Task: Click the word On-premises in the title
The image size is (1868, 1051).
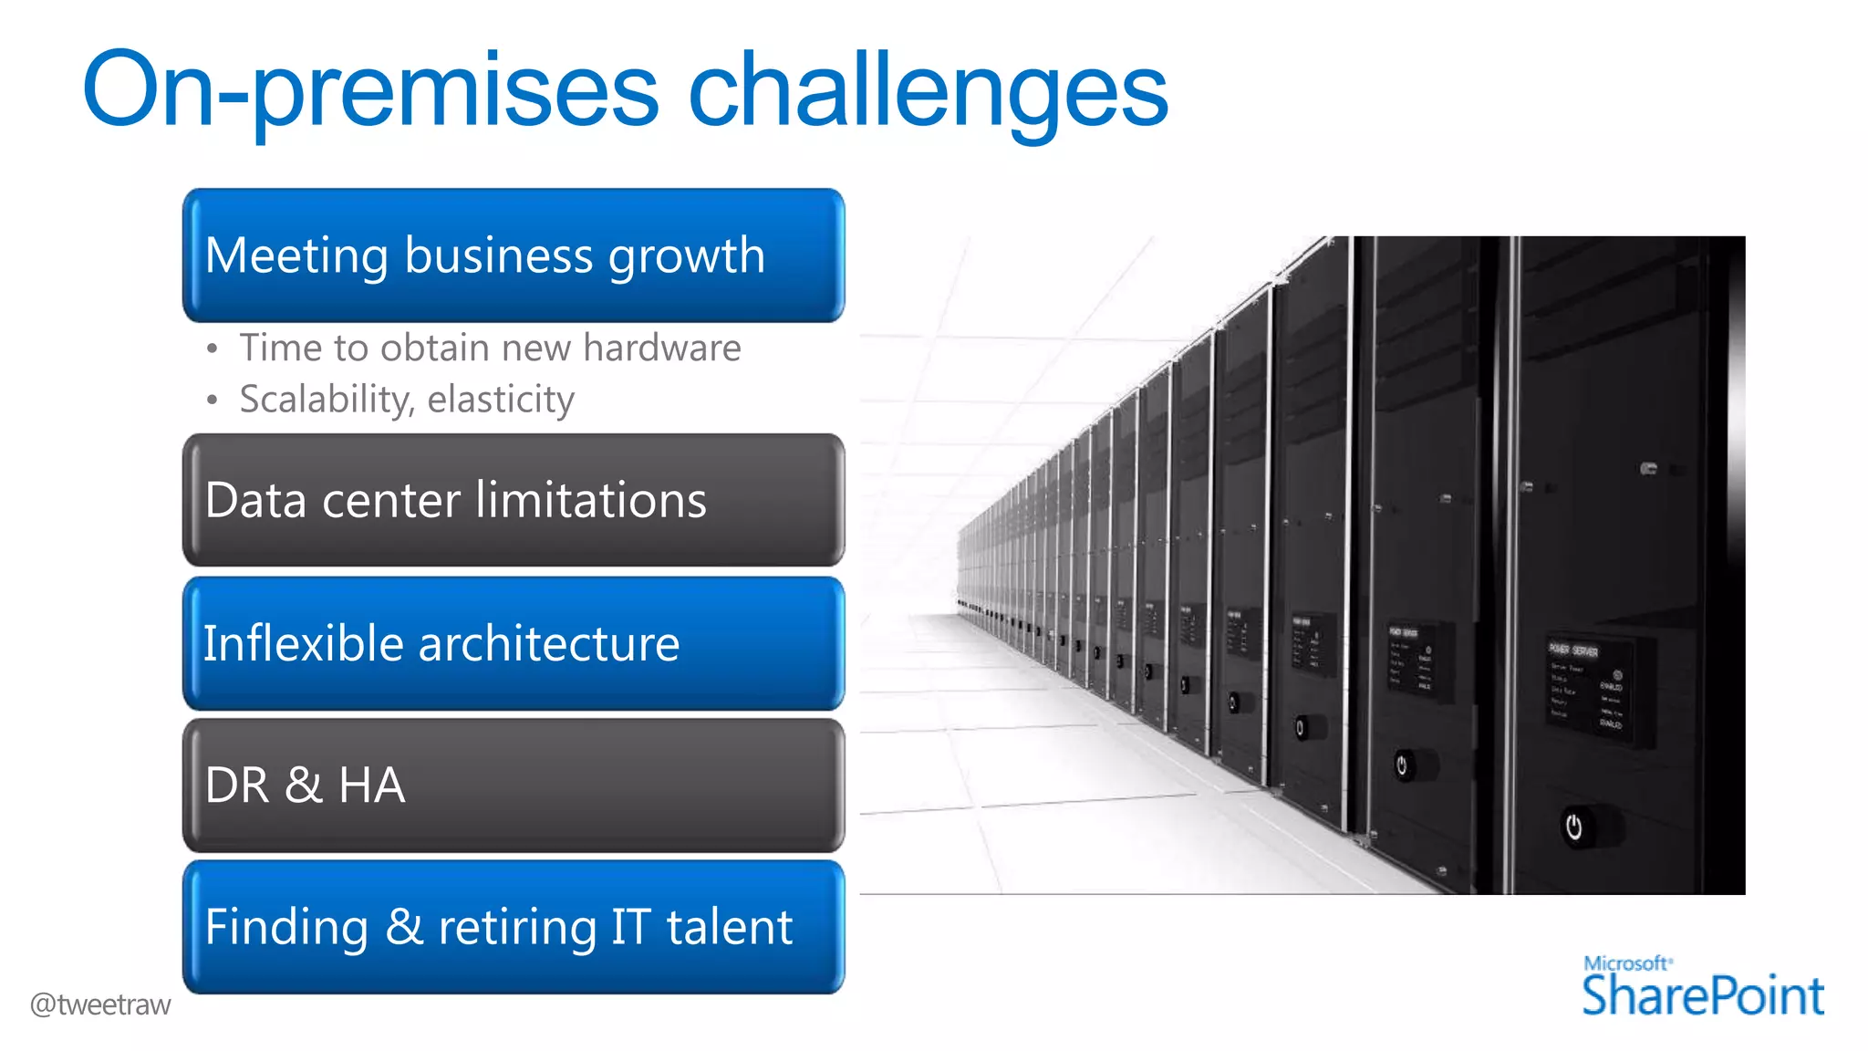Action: pos(369,91)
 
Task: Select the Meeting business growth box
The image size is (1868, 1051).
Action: pos(513,255)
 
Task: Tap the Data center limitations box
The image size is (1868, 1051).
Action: pos(513,500)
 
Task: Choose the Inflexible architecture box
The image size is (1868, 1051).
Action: pos(513,643)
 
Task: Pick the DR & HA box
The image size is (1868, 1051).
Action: pos(513,786)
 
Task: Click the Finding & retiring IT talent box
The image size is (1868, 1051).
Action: pos(513,927)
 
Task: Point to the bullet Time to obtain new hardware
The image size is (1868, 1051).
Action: pos(490,349)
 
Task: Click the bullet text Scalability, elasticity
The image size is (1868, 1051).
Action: pos(407,400)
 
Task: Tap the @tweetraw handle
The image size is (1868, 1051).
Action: pos(100,1004)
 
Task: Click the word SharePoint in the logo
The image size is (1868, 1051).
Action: pos(1702,995)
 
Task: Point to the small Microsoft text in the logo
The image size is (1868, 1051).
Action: pos(1627,963)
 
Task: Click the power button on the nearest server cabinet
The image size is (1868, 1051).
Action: pos(1574,827)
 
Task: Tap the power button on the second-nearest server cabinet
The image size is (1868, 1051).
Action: pos(1402,765)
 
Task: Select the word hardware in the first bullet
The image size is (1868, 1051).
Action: pos(661,349)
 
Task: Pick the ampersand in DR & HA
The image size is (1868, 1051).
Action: pos(303,786)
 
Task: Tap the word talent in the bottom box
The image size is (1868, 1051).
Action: pos(729,927)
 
